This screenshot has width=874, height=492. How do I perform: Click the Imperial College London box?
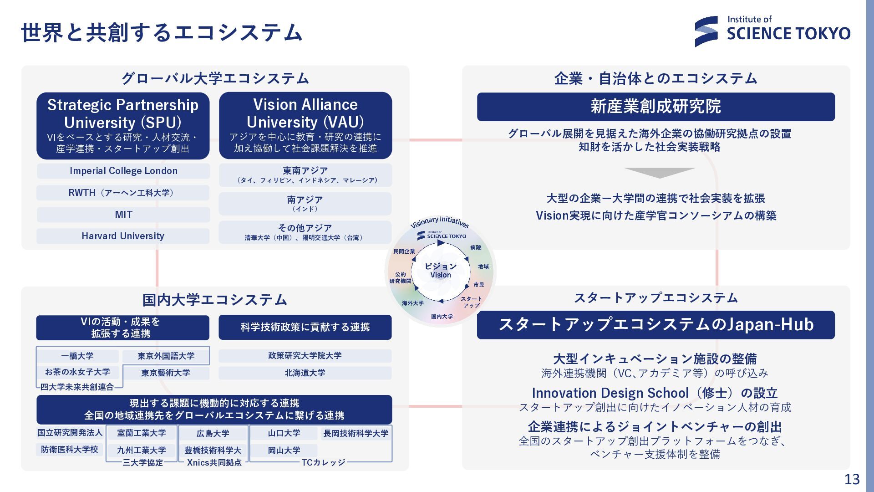pyautogui.click(x=123, y=171)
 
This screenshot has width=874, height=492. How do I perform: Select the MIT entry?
pyautogui.click(x=123, y=215)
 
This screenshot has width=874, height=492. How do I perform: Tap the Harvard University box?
pyautogui.click(x=123, y=236)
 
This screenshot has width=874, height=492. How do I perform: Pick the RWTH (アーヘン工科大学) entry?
pyautogui.click(x=123, y=193)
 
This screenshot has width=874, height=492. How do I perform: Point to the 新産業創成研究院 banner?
pyautogui.click(x=655, y=107)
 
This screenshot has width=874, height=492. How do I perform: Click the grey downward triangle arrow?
pyautogui.click(x=659, y=173)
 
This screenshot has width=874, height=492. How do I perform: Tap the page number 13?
pyautogui.click(x=852, y=479)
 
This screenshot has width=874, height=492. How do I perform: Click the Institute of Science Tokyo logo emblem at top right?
pyautogui.click(x=706, y=31)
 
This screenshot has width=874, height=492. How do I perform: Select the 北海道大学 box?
pyautogui.click(x=305, y=373)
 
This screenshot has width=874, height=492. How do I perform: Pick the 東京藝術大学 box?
pyautogui.click(x=166, y=373)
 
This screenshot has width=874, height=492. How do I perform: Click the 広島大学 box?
pyautogui.click(x=213, y=433)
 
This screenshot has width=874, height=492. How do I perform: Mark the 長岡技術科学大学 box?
pyautogui.click(x=356, y=433)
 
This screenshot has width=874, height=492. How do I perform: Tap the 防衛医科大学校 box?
pyautogui.click(x=70, y=450)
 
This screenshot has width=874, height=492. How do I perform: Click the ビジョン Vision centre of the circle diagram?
pyautogui.click(x=440, y=270)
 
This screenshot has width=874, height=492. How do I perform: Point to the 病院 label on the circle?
pyautogui.click(x=476, y=248)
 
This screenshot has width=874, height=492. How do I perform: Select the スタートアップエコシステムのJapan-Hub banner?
pyautogui.click(x=655, y=325)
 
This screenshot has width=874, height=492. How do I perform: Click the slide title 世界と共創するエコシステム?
pyautogui.click(x=162, y=33)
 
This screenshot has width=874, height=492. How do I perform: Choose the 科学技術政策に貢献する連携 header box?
pyautogui.click(x=305, y=327)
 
